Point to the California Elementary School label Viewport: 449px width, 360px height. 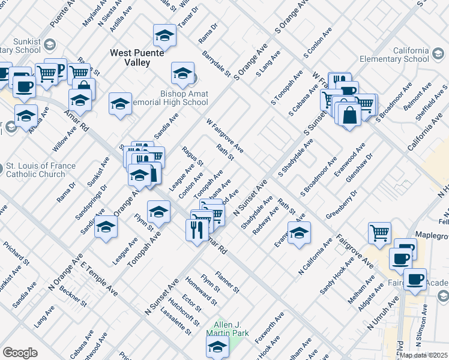394,55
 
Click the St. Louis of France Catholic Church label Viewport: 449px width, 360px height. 41,170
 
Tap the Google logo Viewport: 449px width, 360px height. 20,353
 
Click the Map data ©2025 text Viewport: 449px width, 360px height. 423,355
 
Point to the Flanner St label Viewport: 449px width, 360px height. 228,281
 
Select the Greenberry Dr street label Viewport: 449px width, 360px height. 342,203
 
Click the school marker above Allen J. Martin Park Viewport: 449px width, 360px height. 217,346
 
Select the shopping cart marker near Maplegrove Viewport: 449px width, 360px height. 379,233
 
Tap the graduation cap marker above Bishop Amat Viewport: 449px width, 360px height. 164,37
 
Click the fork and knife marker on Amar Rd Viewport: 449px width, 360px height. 197,230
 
